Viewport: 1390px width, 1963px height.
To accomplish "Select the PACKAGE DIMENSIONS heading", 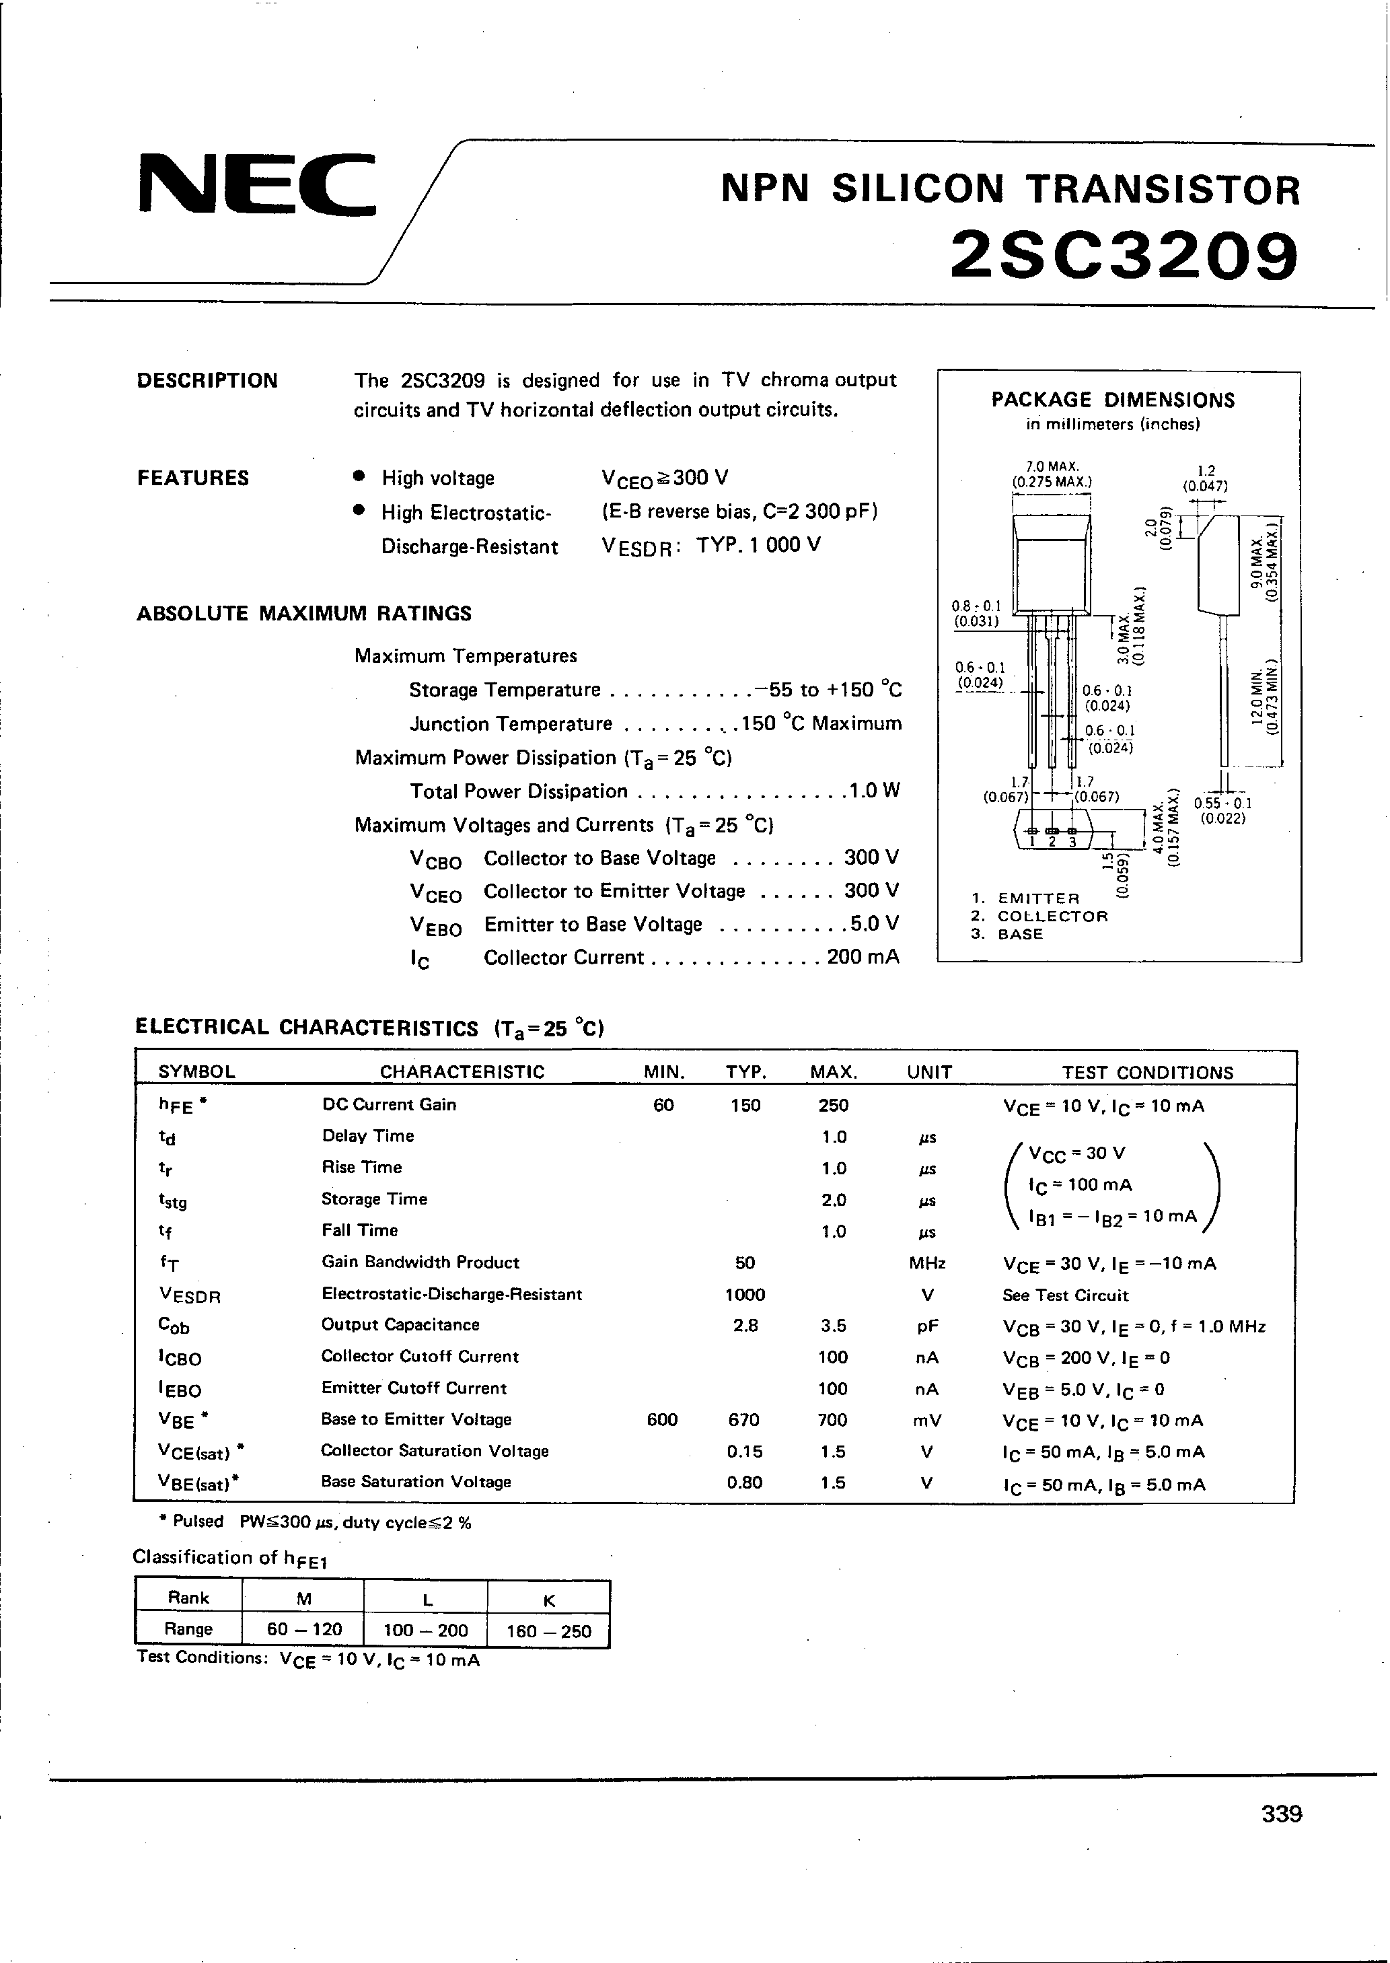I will (x=1113, y=400).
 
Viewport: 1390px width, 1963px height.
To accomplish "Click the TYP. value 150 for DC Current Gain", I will (x=745, y=1105).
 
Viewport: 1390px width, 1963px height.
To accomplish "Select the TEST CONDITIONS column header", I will (x=1147, y=1073).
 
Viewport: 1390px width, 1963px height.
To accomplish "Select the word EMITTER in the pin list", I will (x=1038, y=898).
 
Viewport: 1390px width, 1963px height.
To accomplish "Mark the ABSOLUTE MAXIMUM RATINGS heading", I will (x=304, y=613).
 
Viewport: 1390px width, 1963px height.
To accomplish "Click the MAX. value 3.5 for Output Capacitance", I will (x=833, y=1325).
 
